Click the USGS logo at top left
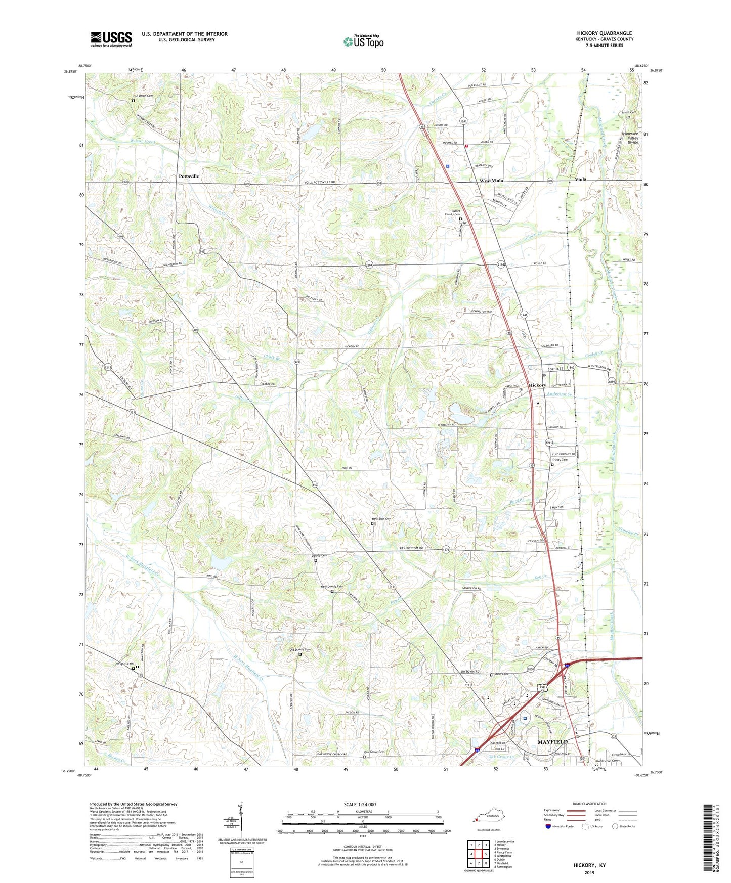click(x=111, y=39)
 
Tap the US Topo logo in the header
click(x=363, y=41)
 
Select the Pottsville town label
click(x=189, y=176)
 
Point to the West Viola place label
click(x=491, y=181)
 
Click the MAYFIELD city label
click(x=552, y=741)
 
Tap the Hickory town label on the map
click(x=537, y=385)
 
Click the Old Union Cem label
click(x=143, y=96)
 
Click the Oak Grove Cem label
click(x=374, y=752)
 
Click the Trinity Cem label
click(x=560, y=460)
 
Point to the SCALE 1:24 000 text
click(x=360, y=805)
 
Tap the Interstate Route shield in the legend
click(x=548, y=826)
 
